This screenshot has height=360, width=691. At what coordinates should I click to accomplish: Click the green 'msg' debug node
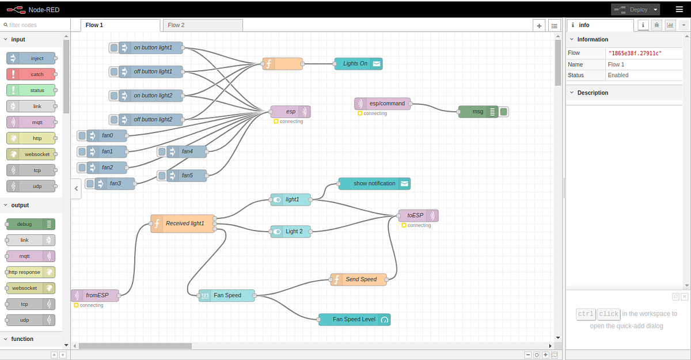click(x=478, y=112)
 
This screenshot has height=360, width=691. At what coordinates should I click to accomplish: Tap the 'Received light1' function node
click(x=184, y=223)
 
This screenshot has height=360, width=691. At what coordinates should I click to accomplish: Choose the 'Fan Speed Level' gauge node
click(x=354, y=319)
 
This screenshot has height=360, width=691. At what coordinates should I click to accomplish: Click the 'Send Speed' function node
click(x=360, y=279)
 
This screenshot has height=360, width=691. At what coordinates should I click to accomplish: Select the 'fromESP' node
click(x=96, y=295)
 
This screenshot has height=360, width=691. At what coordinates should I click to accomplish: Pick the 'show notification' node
click(x=374, y=184)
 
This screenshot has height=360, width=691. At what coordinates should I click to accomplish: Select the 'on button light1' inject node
click(x=151, y=48)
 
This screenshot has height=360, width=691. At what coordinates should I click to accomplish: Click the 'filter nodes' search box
click(x=35, y=25)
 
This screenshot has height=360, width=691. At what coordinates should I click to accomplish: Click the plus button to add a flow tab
click(x=539, y=25)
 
